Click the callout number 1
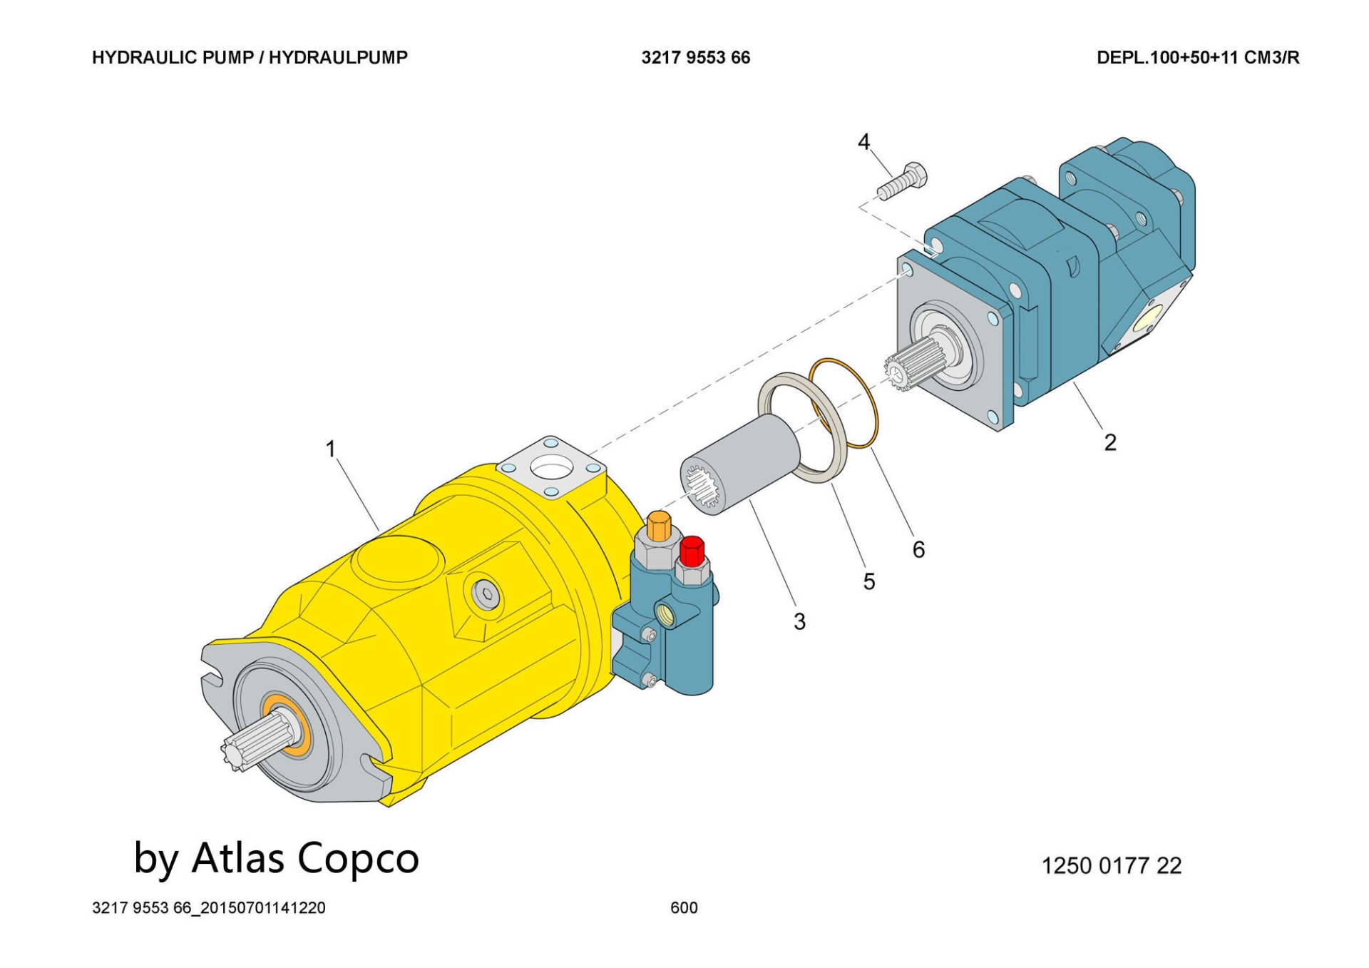coord(330,449)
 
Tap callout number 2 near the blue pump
coord(1109,442)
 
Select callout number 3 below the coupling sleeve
coord(799,621)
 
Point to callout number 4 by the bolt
coord(863,142)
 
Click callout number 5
coord(868,581)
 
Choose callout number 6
coord(918,549)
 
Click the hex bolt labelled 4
coord(903,181)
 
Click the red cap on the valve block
coord(692,551)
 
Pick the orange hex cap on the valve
coord(659,526)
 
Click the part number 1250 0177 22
coord(1111,865)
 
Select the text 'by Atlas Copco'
coord(277,858)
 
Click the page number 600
coord(684,907)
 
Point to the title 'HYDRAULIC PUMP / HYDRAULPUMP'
coord(250,58)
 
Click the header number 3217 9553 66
coord(695,58)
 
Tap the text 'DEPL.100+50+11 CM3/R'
coord(1198,58)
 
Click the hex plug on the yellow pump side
coord(486,593)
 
